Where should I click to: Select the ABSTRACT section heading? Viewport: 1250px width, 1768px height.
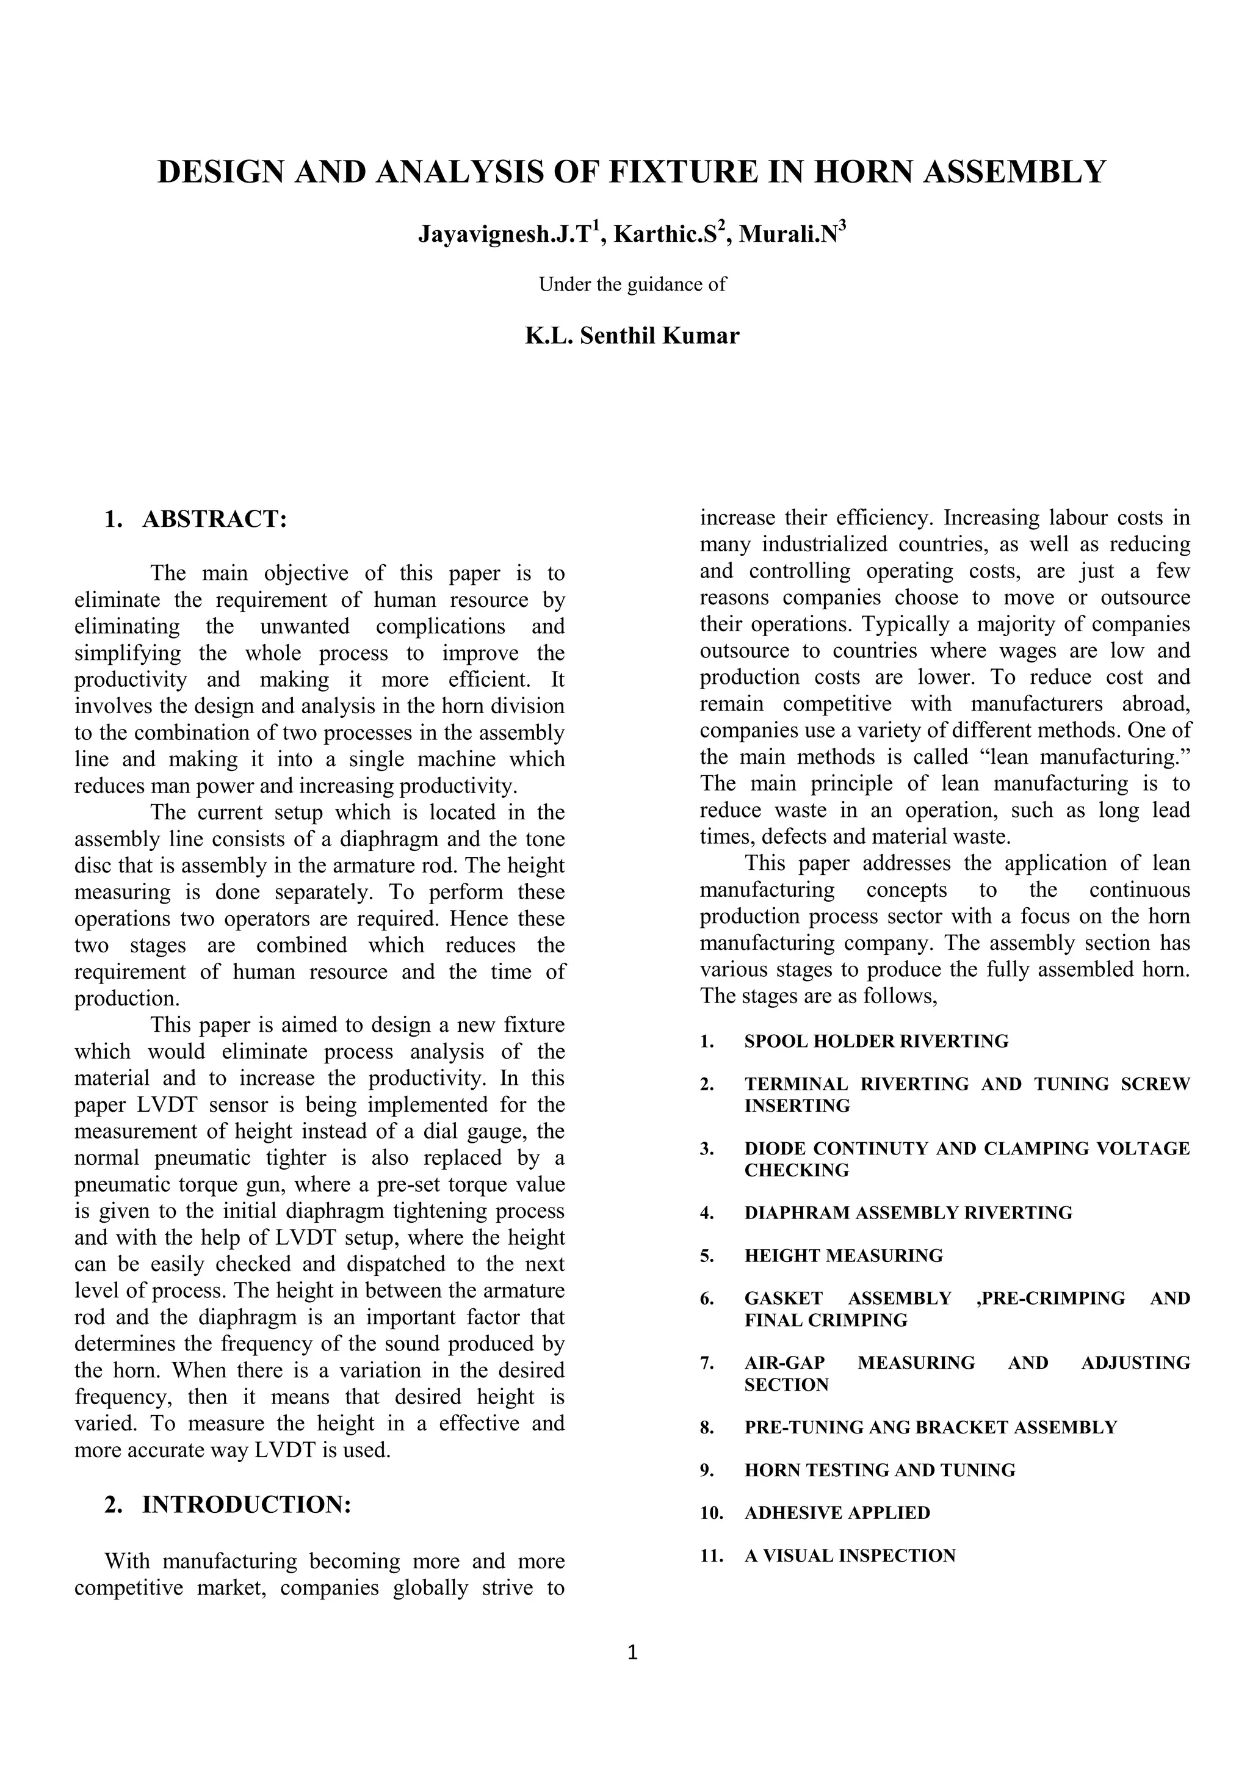[214, 519]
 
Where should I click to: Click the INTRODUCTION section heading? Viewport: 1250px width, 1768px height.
[247, 1505]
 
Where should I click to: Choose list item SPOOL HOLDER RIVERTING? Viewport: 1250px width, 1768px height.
[876, 1041]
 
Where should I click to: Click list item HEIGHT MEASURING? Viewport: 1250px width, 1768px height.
[843, 1255]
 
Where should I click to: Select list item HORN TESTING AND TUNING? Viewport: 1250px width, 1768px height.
[879, 1470]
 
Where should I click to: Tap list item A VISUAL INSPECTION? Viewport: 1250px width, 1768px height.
[850, 1556]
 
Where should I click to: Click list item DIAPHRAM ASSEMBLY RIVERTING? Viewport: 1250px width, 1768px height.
[908, 1213]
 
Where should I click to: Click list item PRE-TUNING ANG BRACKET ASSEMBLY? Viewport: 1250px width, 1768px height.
[930, 1427]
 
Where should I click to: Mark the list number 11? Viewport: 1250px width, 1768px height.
[711, 1556]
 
